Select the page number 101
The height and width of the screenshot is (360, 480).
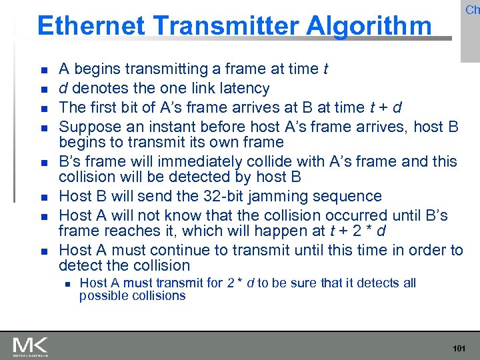(x=459, y=349)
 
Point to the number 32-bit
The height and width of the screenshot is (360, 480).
(x=218, y=197)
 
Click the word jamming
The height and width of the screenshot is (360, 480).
(x=283, y=197)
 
